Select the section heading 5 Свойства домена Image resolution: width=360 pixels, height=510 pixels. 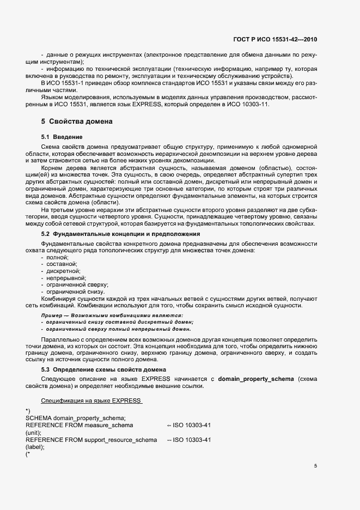77,121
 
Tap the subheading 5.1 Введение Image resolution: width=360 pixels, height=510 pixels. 62,136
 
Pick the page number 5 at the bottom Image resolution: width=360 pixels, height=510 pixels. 315,466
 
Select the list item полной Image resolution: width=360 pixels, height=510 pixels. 57,257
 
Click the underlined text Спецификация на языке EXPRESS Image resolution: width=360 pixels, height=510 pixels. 91,401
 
